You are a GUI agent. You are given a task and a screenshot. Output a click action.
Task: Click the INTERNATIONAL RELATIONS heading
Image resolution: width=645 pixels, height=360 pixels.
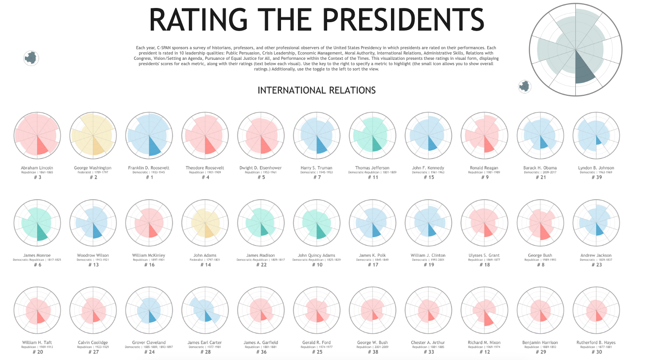317,90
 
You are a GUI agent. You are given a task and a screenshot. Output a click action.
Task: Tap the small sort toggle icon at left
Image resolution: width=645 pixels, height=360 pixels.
31,58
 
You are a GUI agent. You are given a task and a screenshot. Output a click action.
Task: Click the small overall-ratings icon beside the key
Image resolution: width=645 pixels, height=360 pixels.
524,86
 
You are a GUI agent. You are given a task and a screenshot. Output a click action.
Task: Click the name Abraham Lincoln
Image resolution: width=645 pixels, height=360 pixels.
37,168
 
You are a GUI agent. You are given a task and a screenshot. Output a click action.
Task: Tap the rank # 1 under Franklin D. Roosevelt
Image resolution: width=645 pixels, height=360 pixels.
149,177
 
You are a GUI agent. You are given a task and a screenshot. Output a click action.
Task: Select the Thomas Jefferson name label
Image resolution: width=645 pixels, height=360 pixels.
372,168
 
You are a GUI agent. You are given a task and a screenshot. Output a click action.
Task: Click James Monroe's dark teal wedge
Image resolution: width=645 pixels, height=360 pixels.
41,232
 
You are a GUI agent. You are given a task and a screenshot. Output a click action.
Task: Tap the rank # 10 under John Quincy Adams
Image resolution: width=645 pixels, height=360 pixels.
317,265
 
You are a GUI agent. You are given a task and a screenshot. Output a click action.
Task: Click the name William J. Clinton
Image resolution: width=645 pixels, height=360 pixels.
428,255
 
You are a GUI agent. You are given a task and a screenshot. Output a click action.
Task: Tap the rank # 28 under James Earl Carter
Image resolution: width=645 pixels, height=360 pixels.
205,352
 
